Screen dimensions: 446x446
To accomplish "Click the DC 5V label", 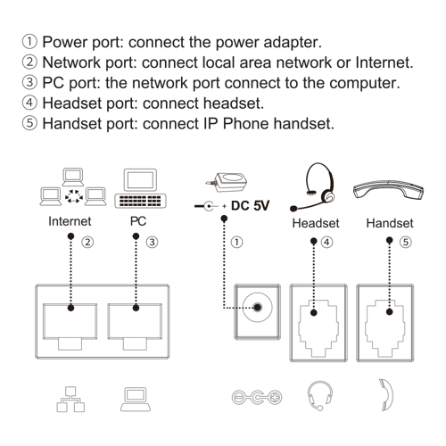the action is click(x=250, y=206).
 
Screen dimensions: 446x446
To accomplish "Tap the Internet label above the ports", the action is click(x=70, y=221).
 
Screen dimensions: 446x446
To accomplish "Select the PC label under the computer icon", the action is click(x=138, y=221).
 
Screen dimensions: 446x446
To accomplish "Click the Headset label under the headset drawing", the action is click(x=316, y=223).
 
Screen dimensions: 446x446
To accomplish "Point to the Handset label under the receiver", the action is click(x=390, y=223).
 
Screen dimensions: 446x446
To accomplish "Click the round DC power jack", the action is click(x=258, y=308).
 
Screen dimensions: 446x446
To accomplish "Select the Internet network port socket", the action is click(x=70, y=326).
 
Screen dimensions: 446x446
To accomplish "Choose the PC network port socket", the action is click(x=135, y=326).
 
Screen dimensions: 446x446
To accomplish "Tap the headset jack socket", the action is click(x=318, y=328).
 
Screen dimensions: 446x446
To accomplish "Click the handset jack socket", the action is click(x=385, y=328).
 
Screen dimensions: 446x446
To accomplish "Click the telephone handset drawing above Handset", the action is click(x=388, y=190).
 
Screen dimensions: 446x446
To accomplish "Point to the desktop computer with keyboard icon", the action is click(x=140, y=188).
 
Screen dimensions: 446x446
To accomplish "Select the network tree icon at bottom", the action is click(x=70, y=399).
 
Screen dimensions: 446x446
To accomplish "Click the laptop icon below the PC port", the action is click(x=136, y=399).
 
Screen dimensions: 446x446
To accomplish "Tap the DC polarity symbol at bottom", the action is click(x=257, y=397).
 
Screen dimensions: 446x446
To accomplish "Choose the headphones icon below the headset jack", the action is click(x=320, y=396).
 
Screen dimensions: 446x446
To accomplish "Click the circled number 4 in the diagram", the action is click(x=326, y=243).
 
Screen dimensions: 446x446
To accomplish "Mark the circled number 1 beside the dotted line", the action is click(x=236, y=243).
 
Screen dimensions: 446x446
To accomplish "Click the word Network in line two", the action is click(x=71, y=62).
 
